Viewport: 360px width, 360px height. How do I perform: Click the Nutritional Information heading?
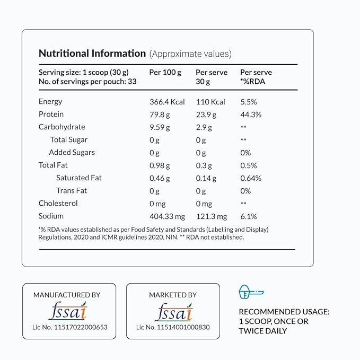[92, 54]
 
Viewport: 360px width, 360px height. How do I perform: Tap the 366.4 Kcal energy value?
[167, 102]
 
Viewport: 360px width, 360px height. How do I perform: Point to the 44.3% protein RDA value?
[251, 115]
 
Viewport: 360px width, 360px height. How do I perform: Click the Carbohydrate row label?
[62, 127]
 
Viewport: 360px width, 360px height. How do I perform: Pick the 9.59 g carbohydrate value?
[160, 127]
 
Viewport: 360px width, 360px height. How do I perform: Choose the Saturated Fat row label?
[78, 178]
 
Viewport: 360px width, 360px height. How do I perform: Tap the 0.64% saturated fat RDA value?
[251, 178]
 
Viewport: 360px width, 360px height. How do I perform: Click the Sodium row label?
[51, 216]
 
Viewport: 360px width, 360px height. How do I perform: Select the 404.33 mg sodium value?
[168, 216]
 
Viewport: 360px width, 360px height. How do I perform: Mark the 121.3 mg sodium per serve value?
[211, 216]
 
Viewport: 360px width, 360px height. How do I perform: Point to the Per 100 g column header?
[165, 72]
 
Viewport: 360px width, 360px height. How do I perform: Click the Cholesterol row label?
[58, 204]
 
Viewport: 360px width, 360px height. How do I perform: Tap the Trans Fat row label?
[72, 191]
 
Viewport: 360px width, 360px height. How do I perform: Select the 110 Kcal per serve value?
[210, 102]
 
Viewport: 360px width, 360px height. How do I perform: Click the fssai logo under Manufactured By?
[67, 311]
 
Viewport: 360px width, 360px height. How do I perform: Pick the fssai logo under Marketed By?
[173, 311]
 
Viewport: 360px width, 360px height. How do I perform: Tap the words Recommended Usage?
[284, 312]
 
